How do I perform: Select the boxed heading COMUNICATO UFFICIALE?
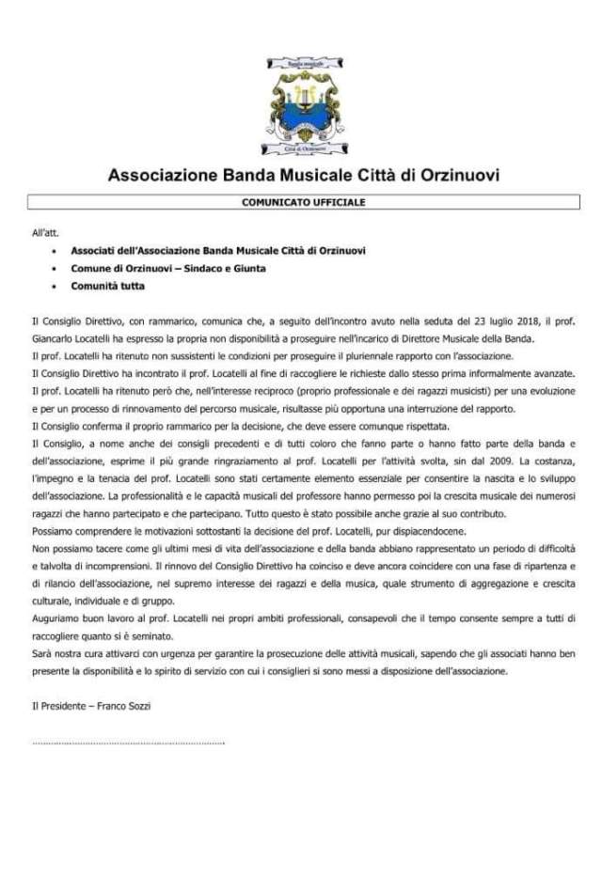(303, 202)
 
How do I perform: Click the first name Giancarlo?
(59, 338)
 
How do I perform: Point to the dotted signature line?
(128, 742)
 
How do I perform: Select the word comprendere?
(98, 530)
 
